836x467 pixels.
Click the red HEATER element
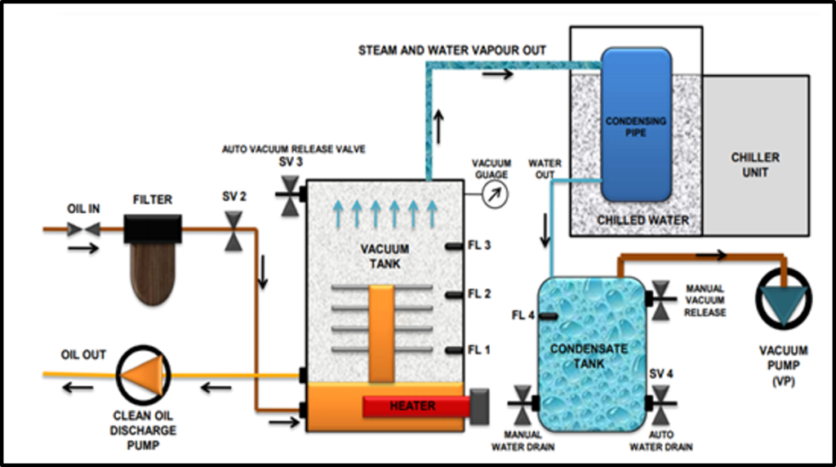pos(411,406)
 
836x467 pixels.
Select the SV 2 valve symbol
pos(233,231)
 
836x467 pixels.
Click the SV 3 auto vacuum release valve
pos(290,195)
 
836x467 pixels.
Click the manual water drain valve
pos(520,403)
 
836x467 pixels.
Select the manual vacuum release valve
pos(662,299)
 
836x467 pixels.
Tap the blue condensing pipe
pos(636,123)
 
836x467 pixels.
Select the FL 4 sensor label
pos(522,315)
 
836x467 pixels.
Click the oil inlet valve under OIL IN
pos(83,230)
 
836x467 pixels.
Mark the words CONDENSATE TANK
pos(588,355)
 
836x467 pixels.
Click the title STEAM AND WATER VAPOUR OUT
pos(452,51)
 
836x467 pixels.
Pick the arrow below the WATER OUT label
pos(545,229)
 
